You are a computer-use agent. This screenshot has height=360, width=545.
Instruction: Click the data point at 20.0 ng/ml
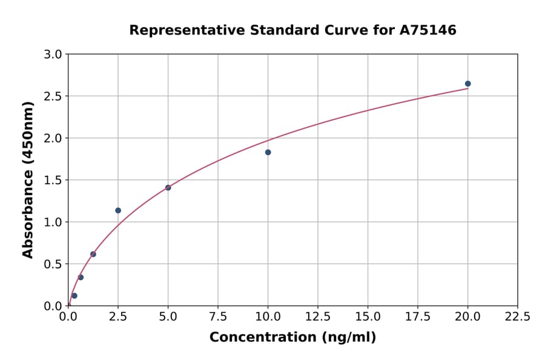click(467, 84)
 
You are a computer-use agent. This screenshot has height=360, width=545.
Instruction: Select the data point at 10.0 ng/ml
click(268, 152)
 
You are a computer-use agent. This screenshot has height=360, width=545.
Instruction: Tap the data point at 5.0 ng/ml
click(168, 187)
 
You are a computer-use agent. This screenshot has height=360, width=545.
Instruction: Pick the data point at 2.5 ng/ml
click(118, 210)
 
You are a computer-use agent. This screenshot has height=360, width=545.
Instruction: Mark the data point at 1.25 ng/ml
click(93, 254)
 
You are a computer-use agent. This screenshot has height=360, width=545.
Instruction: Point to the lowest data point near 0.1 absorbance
click(74, 296)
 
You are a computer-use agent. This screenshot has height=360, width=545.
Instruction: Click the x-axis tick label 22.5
click(517, 317)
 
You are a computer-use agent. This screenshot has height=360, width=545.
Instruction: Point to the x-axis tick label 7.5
click(218, 317)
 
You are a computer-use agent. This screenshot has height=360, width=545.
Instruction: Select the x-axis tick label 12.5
click(317, 317)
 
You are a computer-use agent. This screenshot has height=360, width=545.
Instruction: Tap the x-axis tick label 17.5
click(417, 317)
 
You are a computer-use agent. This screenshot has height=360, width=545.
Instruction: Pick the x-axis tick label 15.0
click(368, 317)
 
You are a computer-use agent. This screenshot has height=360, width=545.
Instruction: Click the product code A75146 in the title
click(428, 30)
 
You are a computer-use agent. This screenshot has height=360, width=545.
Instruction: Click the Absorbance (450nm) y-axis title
click(28, 179)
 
